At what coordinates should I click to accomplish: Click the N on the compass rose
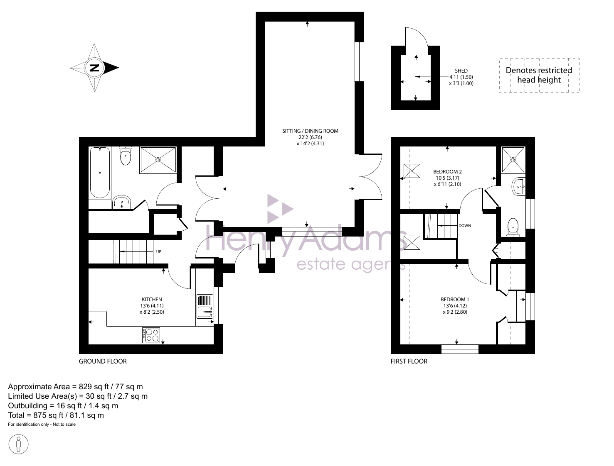point(94,68)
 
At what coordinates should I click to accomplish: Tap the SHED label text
point(461,71)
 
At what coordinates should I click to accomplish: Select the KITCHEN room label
point(152,300)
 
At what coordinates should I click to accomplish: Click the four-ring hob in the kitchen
point(151,335)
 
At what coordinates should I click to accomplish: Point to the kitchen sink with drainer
point(205,307)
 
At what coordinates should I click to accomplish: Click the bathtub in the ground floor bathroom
point(100,173)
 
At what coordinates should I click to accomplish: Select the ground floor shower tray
point(158,160)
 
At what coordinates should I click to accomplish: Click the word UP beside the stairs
point(159,251)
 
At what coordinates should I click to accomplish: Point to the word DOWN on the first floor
point(465,225)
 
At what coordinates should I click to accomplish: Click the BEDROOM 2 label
point(447,171)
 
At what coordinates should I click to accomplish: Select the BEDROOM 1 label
point(455,299)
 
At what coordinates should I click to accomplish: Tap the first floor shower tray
point(513,160)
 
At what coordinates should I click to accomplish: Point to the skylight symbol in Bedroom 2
point(412,171)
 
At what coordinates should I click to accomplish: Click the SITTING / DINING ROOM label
point(310,131)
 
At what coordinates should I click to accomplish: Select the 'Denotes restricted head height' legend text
point(539,75)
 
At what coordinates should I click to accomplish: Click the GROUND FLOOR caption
point(103,361)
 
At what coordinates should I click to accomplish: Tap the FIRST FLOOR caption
point(409,361)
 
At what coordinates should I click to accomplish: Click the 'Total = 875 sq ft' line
point(56,415)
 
